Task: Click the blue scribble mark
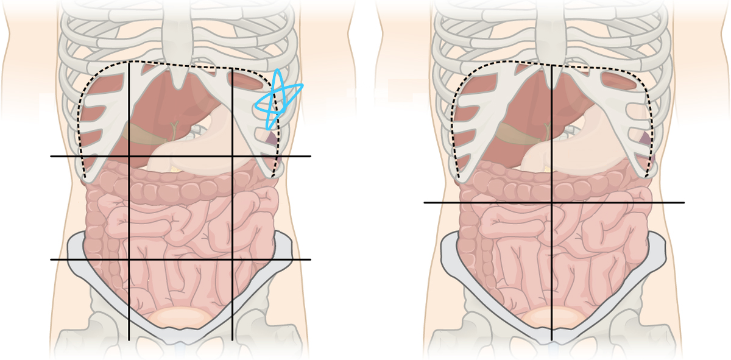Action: (278, 99)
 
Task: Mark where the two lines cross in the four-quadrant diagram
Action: (552, 202)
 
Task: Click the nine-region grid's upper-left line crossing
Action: (129, 157)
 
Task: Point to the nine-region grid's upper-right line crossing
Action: (232, 157)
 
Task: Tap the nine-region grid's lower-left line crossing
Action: (129, 259)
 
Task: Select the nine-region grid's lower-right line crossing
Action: (232, 259)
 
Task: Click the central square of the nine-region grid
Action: (180, 208)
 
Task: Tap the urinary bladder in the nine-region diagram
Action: (181, 317)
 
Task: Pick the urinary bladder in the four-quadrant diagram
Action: (553, 317)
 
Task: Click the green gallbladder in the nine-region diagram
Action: (174, 129)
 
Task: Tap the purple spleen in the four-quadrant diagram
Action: (644, 139)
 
